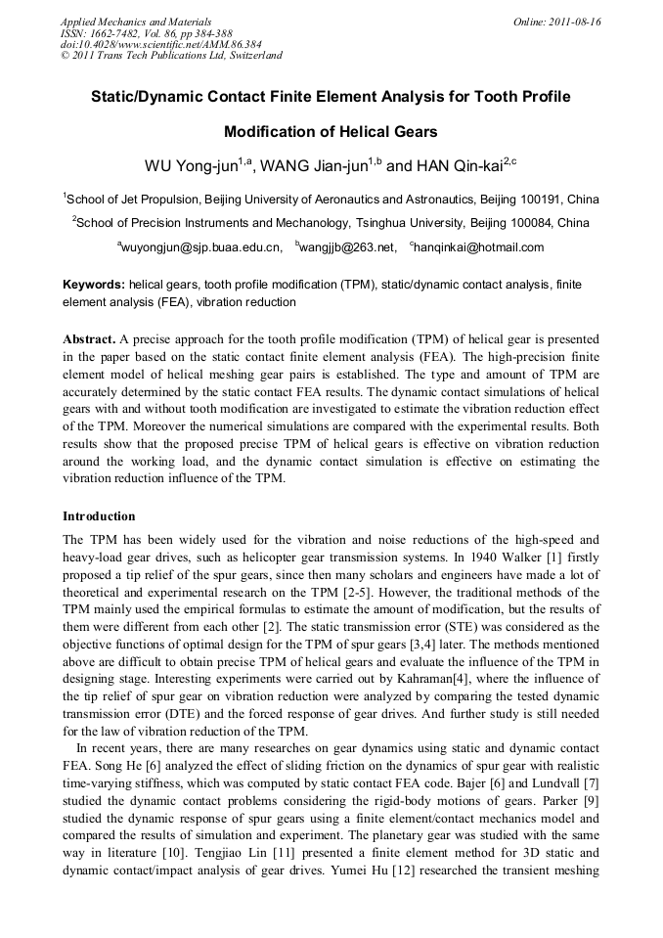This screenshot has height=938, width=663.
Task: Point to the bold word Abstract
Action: point(89,338)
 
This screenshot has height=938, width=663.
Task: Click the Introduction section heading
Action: point(99,515)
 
